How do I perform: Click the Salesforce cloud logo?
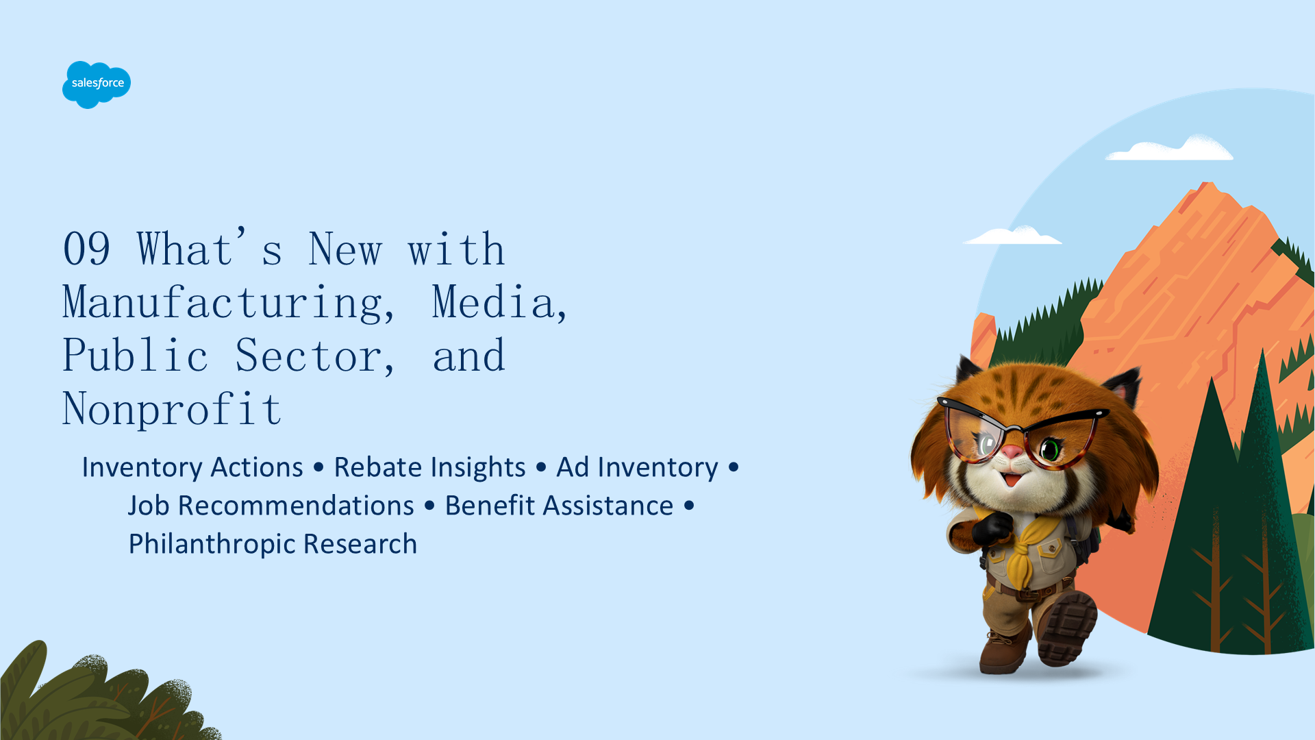pos(97,84)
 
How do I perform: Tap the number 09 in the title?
pos(86,249)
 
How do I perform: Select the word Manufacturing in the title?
pos(229,302)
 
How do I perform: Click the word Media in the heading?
pos(499,302)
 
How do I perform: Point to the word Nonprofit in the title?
pos(172,409)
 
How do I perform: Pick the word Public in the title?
pos(135,356)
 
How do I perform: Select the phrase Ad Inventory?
pos(637,467)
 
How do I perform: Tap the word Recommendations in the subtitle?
pos(296,506)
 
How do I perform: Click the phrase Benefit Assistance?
pos(559,506)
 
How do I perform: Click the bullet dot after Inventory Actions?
pos(318,467)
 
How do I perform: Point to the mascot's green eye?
pos(1050,449)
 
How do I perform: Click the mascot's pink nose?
pos(1012,452)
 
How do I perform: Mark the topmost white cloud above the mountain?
pos(1170,149)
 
